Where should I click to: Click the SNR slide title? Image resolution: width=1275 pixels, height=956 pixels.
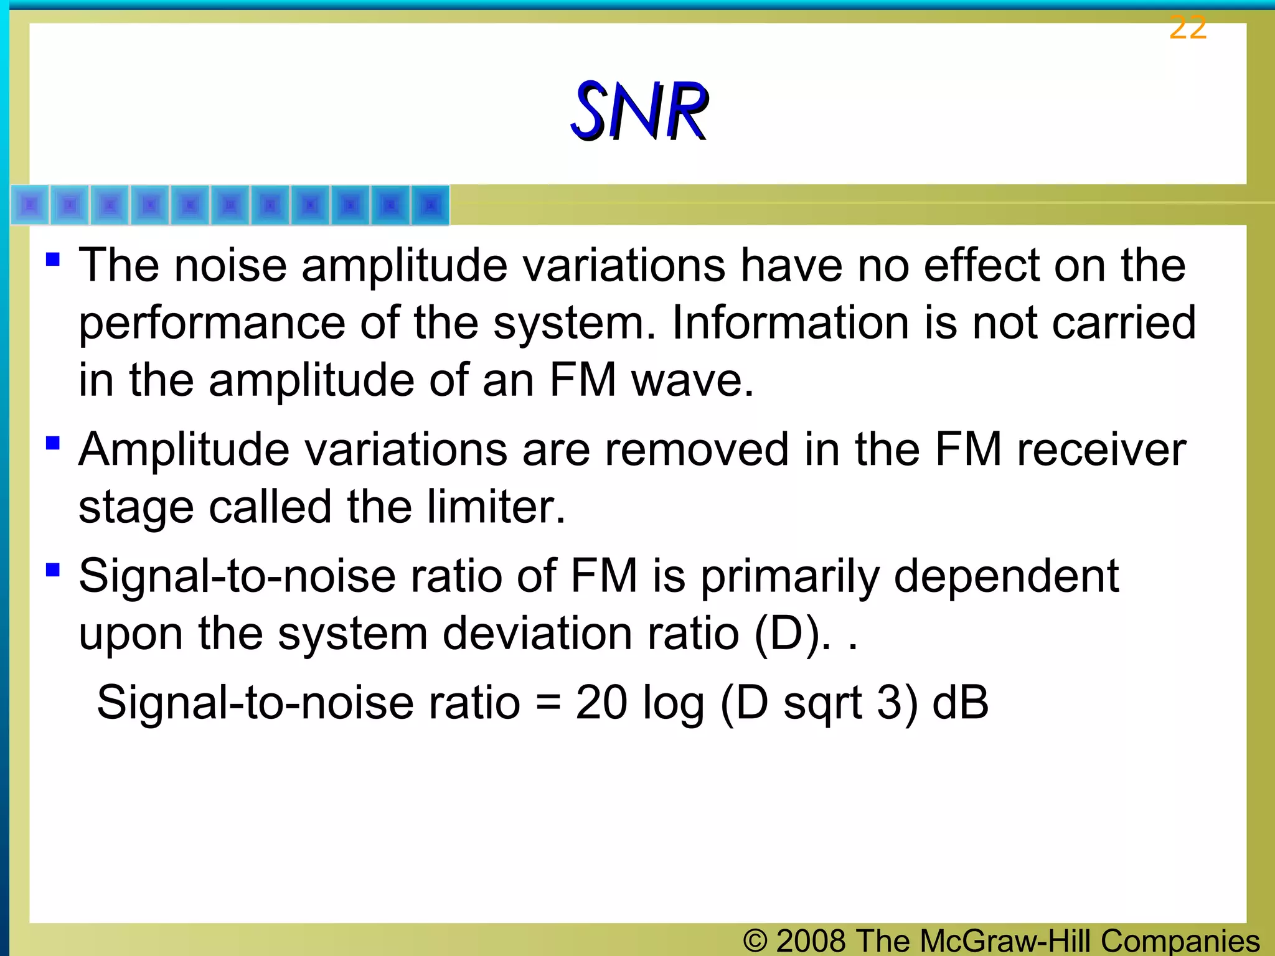pyautogui.click(x=639, y=111)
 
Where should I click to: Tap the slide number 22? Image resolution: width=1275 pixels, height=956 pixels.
pyautogui.click(x=1187, y=28)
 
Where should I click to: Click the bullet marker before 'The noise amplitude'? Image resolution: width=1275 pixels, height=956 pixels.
pyautogui.click(x=53, y=258)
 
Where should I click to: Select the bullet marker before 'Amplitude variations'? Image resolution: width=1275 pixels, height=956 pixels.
pyautogui.click(x=53, y=443)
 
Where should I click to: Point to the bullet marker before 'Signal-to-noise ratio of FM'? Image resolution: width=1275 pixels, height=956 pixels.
pyautogui.click(x=53, y=569)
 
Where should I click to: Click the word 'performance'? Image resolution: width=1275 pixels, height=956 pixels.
pyautogui.click(x=212, y=324)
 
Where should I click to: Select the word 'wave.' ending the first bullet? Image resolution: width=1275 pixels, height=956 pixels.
pyautogui.click(x=692, y=380)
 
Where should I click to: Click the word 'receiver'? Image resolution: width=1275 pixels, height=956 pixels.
pyautogui.click(x=1101, y=449)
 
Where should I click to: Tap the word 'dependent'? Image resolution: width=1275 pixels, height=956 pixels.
pyautogui.click(x=1006, y=576)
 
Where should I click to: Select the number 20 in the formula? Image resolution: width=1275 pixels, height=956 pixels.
pyautogui.click(x=601, y=703)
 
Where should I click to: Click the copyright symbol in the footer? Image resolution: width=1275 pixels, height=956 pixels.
pyautogui.click(x=755, y=940)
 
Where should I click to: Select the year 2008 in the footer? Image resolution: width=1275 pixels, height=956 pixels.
pyautogui.click(x=811, y=940)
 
